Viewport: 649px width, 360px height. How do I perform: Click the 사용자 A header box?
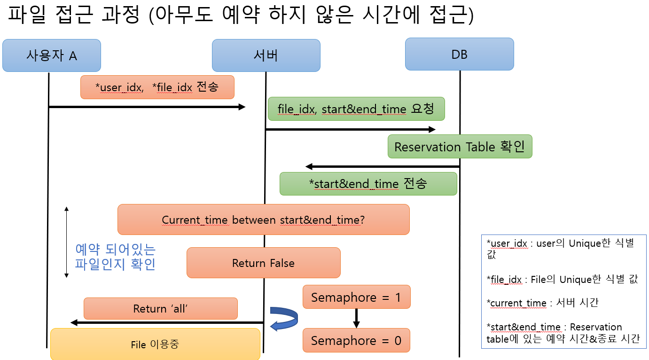tap(52, 55)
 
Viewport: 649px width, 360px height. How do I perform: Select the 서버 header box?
tap(266, 55)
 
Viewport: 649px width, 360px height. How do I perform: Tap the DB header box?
tap(459, 55)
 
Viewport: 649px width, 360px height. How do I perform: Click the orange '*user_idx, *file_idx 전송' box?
tap(157, 87)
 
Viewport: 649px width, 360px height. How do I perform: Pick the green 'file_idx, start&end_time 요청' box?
tap(356, 109)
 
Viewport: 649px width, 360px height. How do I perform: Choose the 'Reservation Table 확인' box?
tap(460, 147)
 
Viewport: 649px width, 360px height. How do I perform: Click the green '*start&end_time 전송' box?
tap(368, 183)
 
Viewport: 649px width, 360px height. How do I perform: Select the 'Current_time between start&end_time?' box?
tap(263, 219)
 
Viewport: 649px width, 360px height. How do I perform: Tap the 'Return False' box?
tap(263, 263)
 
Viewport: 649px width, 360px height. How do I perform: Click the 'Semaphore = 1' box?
tap(357, 297)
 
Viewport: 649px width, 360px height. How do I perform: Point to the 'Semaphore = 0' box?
tap(356, 340)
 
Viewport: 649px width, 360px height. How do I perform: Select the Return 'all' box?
tap(160, 309)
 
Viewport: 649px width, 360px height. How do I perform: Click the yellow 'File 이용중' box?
tap(155, 344)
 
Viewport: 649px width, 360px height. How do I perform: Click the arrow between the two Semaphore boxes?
tap(356, 318)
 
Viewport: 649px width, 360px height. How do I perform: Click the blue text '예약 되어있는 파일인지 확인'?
tap(115, 257)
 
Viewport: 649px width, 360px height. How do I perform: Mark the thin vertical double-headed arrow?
tap(67, 242)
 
